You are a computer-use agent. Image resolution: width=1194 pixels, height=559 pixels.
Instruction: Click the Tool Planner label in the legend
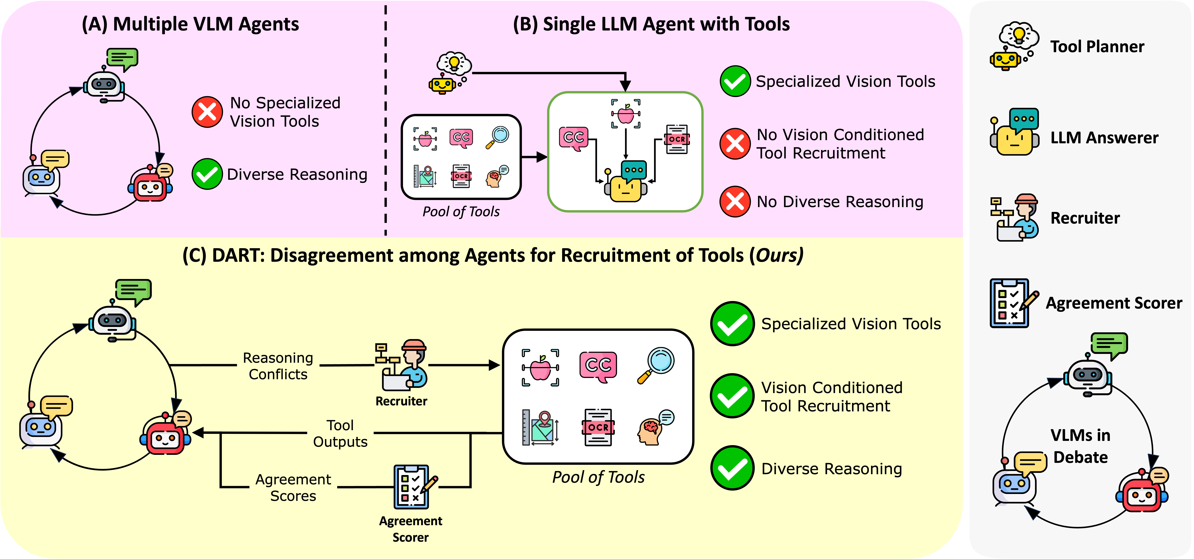tap(1097, 47)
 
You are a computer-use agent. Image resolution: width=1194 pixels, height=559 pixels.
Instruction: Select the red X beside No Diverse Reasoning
tap(735, 202)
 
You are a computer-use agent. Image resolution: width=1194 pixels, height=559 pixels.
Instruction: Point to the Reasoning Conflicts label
tap(278, 366)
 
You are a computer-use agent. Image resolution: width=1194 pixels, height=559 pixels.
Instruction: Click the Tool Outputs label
tap(340, 433)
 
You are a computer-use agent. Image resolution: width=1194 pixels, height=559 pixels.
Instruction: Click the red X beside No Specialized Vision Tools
tap(207, 112)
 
